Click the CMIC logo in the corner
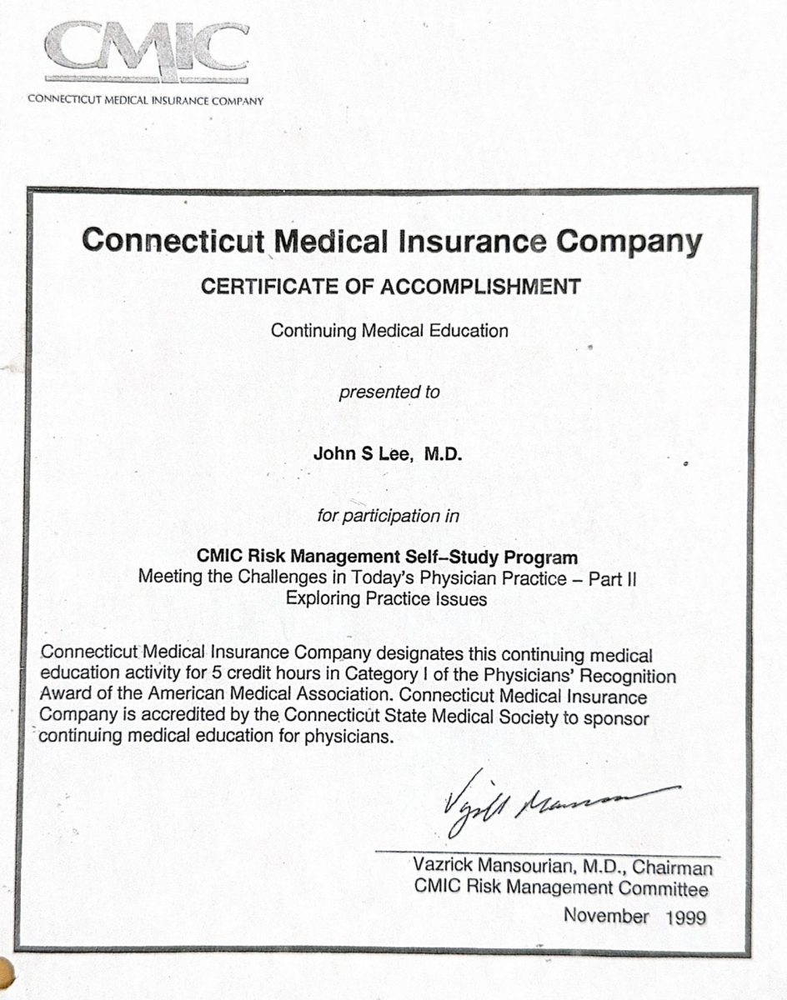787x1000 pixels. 146,52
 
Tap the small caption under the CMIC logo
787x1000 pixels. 146,101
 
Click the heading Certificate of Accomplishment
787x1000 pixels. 390,287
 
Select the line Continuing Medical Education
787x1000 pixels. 389,330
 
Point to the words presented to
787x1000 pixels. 389,392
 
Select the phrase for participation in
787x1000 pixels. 388,516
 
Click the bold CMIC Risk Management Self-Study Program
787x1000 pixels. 387,556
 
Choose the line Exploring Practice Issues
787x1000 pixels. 386,598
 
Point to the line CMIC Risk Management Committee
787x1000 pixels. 561,889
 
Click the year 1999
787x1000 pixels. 686,917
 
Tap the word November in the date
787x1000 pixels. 606,916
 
